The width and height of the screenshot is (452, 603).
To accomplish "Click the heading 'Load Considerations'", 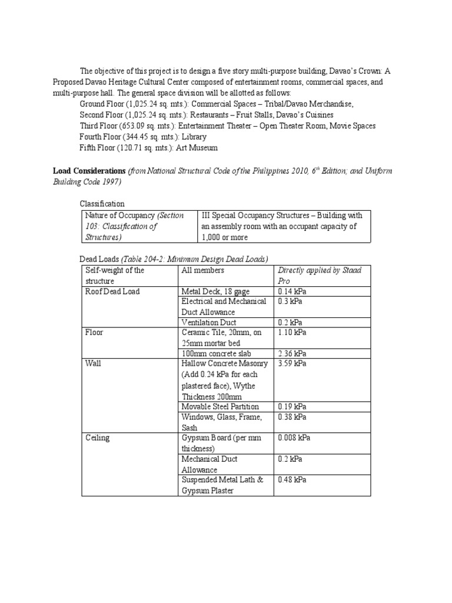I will click(x=88, y=171).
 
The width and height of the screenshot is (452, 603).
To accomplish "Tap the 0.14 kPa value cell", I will click(x=292, y=291).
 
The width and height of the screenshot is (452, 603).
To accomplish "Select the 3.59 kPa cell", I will click(x=293, y=363).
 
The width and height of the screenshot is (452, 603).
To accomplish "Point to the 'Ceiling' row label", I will click(x=97, y=438).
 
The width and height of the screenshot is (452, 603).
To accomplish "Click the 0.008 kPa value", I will click(x=294, y=438).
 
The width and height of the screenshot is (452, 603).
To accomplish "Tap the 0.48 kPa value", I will click(x=293, y=480).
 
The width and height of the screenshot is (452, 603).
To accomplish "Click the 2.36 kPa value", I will click(x=293, y=353).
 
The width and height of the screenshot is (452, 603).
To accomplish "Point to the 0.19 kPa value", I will click(x=293, y=406).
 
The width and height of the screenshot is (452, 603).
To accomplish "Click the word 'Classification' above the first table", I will click(x=102, y=204).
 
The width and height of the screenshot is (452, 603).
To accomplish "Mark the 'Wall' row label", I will click(x=93, y=363).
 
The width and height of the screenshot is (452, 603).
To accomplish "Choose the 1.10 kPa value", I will click(x=293, y=332).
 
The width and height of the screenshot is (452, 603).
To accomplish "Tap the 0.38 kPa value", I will click(x=293, y=417).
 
